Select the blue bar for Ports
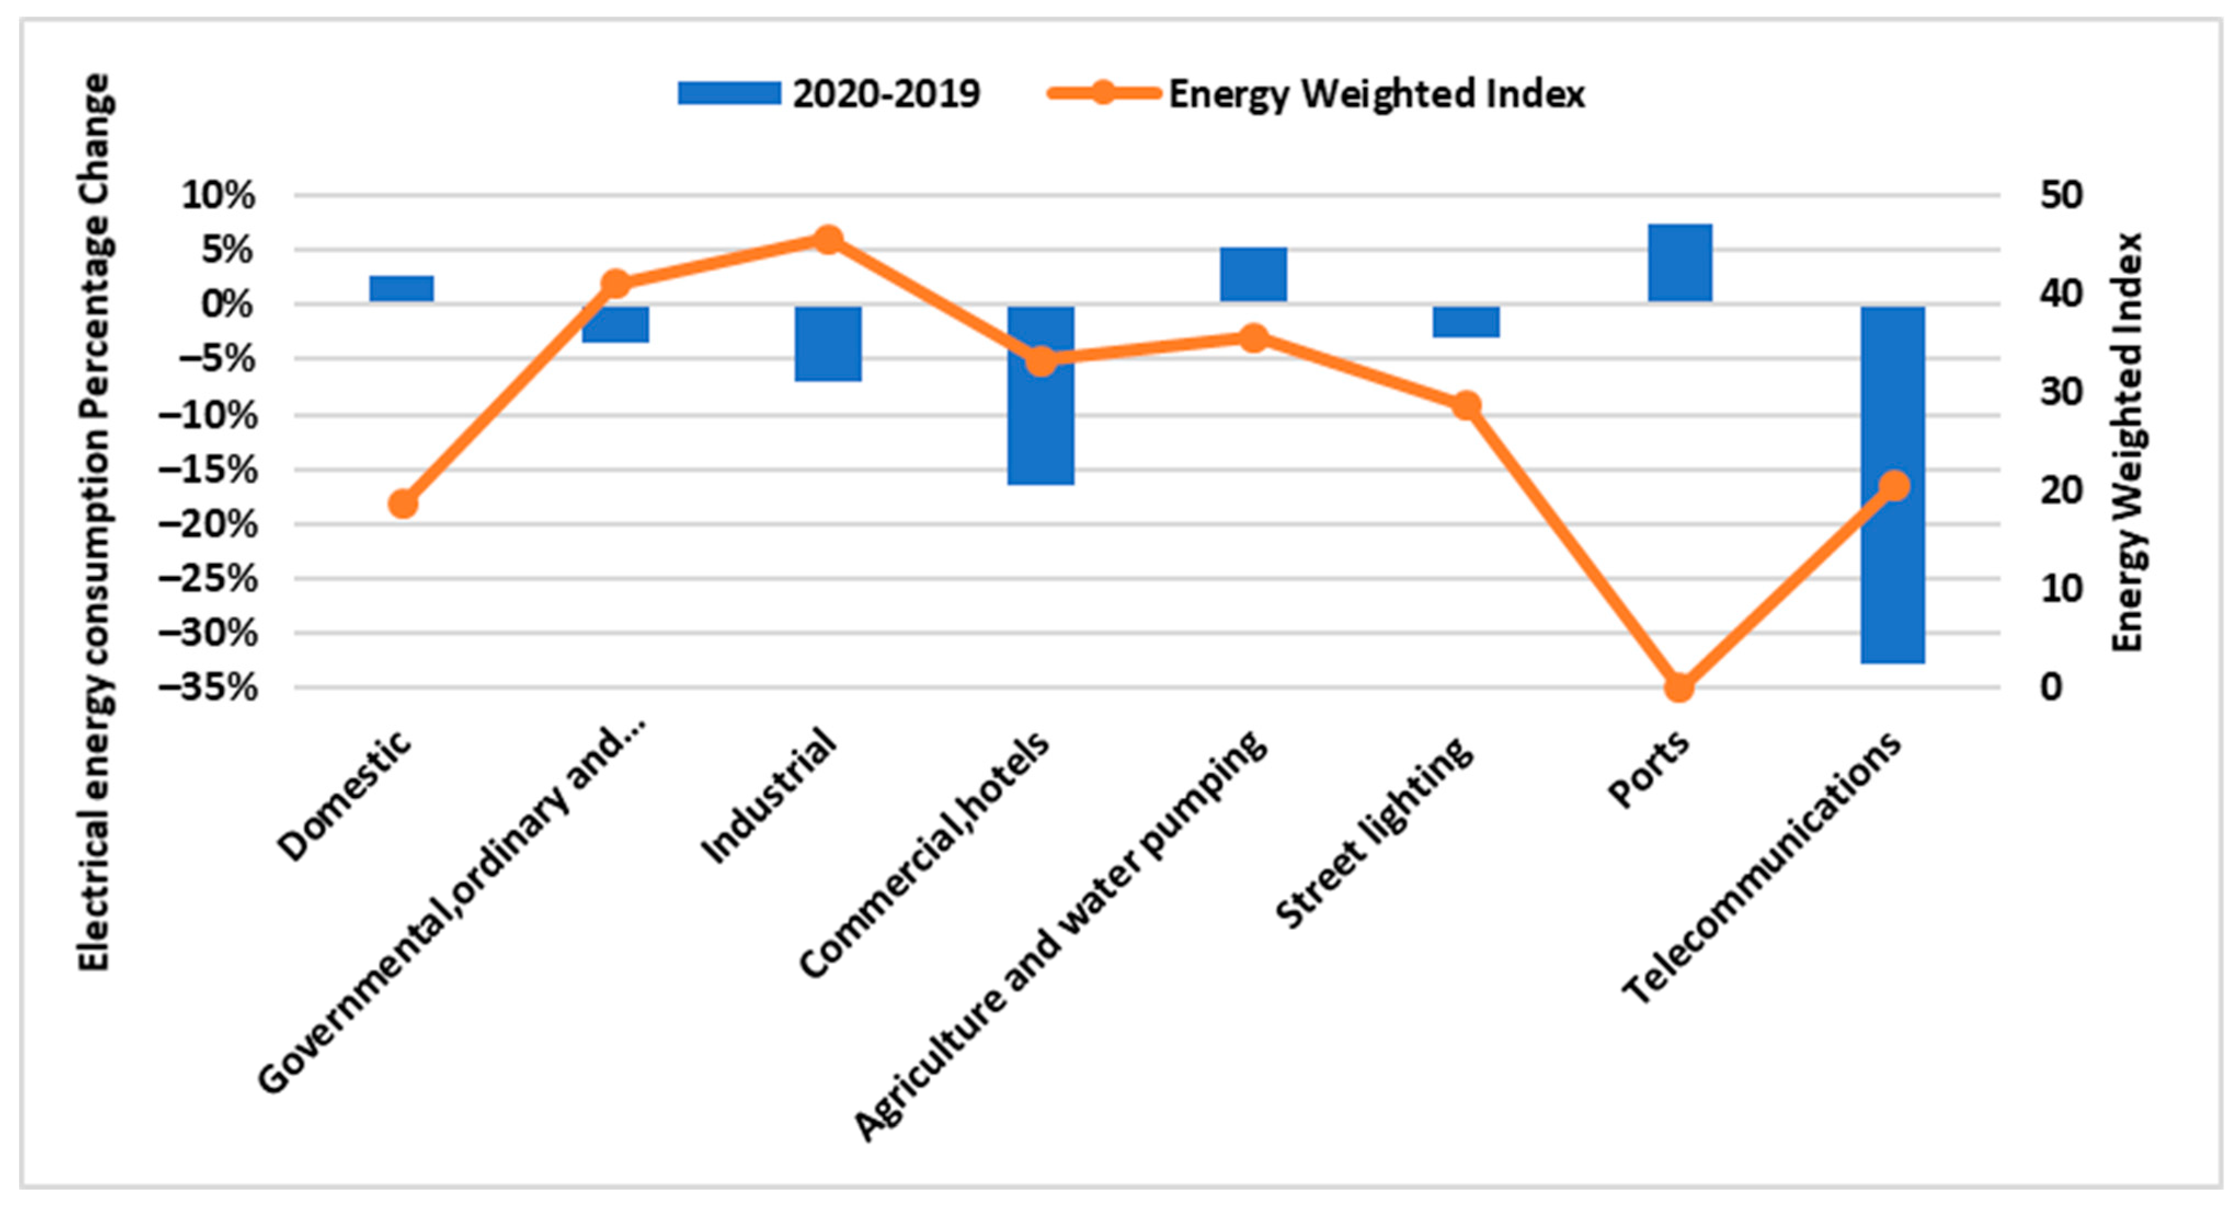[x=1679, y=262]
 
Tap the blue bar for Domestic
[x=401, y=289]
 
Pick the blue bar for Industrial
[x=828, y=343]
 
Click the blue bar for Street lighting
[x=1466, y=321]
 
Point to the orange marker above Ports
[x=1679, y=687]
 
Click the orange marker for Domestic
[x=403, y=503]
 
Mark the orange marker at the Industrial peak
[x=828, y=239]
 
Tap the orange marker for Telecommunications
[x=1894, y=485]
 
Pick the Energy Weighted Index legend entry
[x=1317, y=94]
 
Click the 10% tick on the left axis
[x=218, y=196]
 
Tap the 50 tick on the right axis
[x=2061, y=195]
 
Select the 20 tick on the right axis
[x=2061, y=490]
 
